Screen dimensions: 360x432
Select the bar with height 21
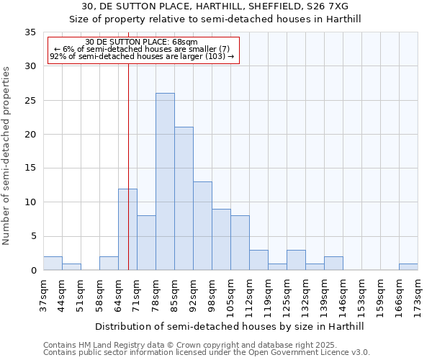click(184, 199)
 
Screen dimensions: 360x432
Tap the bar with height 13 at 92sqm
click(202, 226)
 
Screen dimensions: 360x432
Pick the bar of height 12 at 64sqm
click(127, 229)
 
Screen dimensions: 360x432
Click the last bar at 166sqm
click(408, 267)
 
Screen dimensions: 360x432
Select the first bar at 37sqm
click(53, 264)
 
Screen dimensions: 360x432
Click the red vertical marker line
click(128, 144)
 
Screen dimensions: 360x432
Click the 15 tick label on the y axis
click(30, 168)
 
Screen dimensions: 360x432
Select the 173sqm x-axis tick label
click(418, 294)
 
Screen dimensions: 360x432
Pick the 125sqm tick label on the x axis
click(287, 294)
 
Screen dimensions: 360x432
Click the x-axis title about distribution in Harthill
click(230, 327)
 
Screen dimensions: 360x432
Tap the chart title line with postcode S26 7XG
click(215, 6)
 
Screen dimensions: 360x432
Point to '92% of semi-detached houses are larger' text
click(142, 57)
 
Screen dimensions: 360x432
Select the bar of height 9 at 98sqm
click(221, 239)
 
